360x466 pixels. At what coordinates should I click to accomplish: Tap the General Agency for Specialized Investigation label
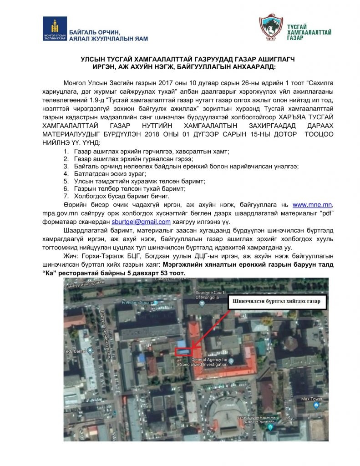(209, 362)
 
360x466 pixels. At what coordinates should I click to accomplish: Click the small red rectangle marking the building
(183, 351)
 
